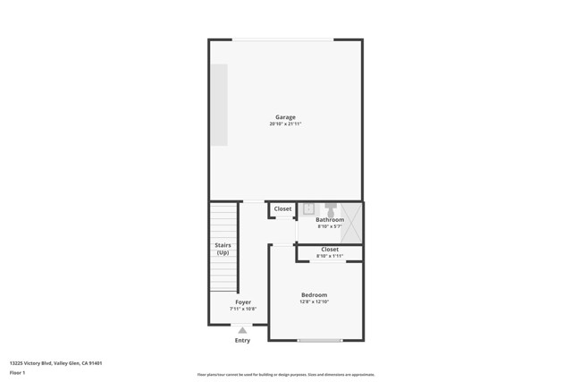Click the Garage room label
pos(285,117)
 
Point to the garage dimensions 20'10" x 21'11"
pos(285,124)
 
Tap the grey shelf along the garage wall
pos(219,104)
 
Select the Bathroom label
pos(330,219)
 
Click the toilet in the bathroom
pos(330,208)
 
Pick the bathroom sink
pos(307,209)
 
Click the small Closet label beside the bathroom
pos(282,208)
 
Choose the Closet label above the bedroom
pos(330,249)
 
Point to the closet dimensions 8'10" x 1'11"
pos(330,256)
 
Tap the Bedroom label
pos(314,295)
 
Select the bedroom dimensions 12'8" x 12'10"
pos(314,302)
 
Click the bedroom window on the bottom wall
pos(320,340)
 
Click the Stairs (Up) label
pos(223,249)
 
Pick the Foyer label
pos(243,302)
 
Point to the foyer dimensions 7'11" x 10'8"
pos(243,310)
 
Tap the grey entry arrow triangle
pos(242,330)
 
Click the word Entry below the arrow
pos(242,340)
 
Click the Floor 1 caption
pos(17,372)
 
